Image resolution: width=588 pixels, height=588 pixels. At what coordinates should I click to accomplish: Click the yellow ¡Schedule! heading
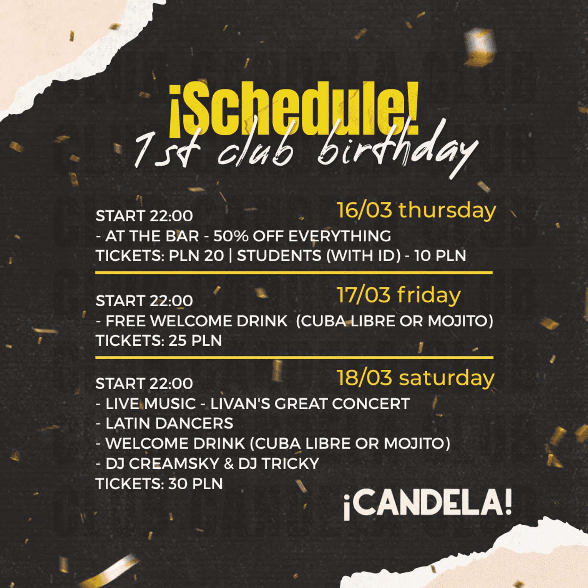294,110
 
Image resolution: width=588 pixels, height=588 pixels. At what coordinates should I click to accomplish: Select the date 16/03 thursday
417,211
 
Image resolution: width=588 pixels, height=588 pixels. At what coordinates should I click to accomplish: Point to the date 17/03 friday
399,295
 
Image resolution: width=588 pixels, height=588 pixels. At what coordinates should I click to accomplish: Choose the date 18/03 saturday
415,378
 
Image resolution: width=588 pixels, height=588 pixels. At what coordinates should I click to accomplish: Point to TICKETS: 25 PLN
159,341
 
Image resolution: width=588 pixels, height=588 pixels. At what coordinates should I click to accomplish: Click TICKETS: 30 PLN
159,484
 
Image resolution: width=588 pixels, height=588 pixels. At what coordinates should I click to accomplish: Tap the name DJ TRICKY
279,464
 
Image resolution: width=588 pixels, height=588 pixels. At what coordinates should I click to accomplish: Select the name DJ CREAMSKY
162,464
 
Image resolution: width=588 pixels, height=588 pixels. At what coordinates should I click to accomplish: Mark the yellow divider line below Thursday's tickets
294,272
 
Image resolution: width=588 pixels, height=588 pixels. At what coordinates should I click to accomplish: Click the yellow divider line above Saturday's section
294,357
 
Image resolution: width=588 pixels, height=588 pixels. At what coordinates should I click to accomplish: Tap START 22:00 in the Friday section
144,301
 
